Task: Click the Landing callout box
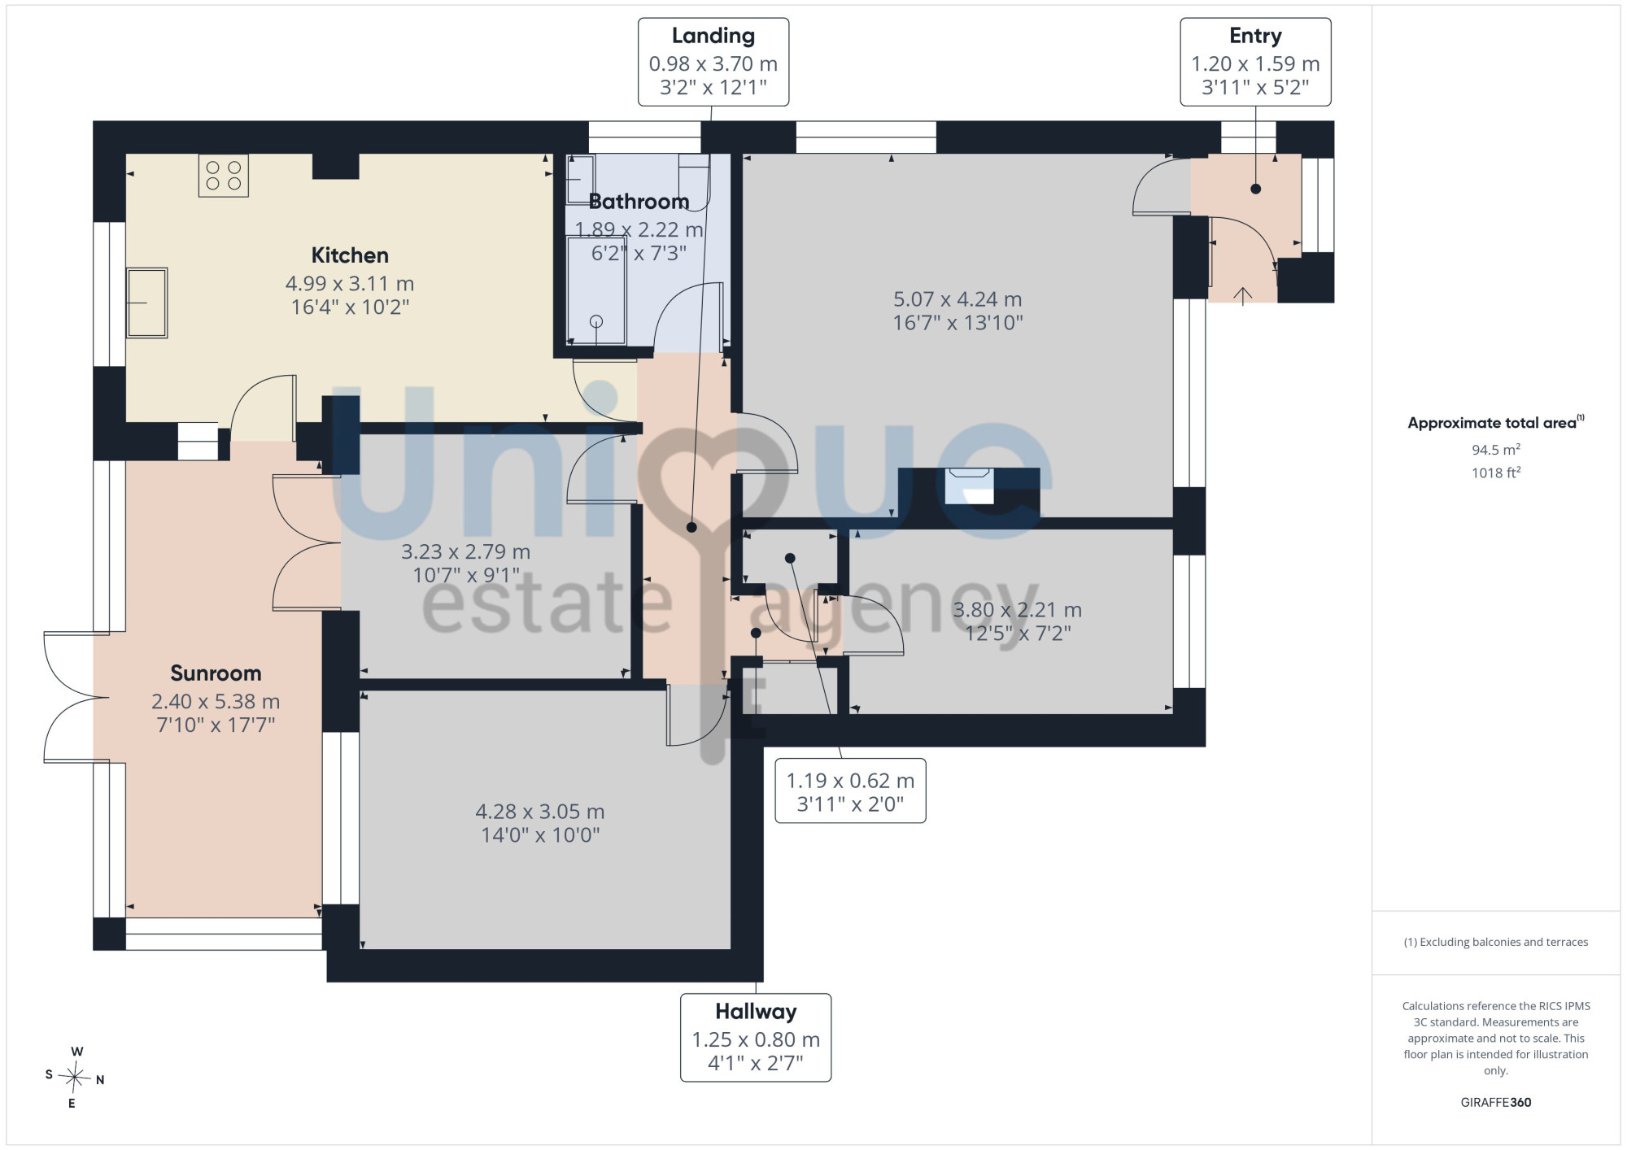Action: pyautogui.click(x=713, y=62)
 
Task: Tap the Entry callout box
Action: pyautogui.click(x=1255, y=62)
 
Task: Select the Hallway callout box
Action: pyautogui.click(x=756, y=1038)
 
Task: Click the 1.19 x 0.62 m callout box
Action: pyautogui.click(x=850, y=791)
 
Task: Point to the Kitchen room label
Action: pyautogui.click(x=350, y=255)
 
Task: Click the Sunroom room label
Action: pyautogui.click(x=216, y=673)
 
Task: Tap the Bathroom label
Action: pyautogui.click(x=639, y=202)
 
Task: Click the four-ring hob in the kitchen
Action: pyautogui.click(x=224, y=176)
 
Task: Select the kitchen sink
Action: pyautogui.click(x=146, y=303)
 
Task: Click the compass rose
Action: pyautogui.click(x=74, y=1078)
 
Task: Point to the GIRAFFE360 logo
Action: pyautogui.click(x=1495, y=1103)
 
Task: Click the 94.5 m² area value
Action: pyautogui.click(x=1495, y=450)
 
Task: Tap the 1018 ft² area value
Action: pyautogui.click(x=1495, y=473)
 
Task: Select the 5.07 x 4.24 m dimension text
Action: pyautogui.click(x=957, y=299)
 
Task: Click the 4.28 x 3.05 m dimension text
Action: pyautogui.click(x=540, y=812)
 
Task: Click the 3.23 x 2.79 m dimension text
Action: pyautogui.click(x=465, y=552)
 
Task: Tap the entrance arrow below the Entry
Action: pyautogui.click(x=1243, y=296)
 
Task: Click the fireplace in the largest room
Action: pyautogui.click(x=970, y=486)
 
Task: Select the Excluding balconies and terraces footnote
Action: pyautogui.click(x=1495, y=943)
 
